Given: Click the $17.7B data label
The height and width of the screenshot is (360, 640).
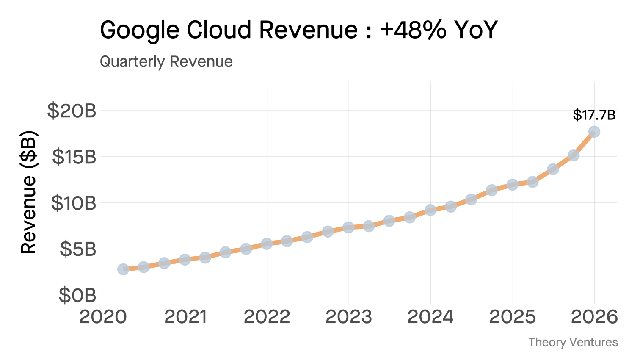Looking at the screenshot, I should tap(594, 115).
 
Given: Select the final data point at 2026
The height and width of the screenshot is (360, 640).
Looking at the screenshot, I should tap(594, 132).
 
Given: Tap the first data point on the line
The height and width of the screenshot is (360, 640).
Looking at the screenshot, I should tap(123, 269).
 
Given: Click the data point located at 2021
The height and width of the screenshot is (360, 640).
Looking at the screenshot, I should tap(185, 260).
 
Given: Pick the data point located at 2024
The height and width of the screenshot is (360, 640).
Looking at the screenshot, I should tap(430, 210).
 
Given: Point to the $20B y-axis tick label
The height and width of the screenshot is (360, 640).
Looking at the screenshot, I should tap(72, 111).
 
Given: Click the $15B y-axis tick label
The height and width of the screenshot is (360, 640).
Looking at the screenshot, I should tap(74, 157).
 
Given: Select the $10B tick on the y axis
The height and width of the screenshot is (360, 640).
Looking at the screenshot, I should tap(74, 203).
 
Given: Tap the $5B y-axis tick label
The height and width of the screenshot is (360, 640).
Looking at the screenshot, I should tap(78, 249).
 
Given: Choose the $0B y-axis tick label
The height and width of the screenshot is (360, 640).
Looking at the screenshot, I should tap(77, 295).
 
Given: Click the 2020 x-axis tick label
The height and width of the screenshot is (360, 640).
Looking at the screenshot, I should tap(103, 317).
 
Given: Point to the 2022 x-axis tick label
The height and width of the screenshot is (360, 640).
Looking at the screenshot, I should tap(267, 317).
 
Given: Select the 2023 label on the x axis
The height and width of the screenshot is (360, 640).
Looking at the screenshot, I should tap(348, 317).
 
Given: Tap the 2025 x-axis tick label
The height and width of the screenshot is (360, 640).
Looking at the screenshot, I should tap(512, 317).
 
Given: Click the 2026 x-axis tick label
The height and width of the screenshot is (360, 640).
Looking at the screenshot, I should tap(594, 317).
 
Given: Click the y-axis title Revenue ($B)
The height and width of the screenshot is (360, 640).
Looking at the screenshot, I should tap(29, 193).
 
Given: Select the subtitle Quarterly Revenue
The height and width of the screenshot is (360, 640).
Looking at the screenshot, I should tap(166, 62).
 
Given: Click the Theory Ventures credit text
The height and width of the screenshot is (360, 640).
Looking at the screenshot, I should tap(573, 342).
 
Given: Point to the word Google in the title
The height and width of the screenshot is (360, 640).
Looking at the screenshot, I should tap(140, 30).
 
